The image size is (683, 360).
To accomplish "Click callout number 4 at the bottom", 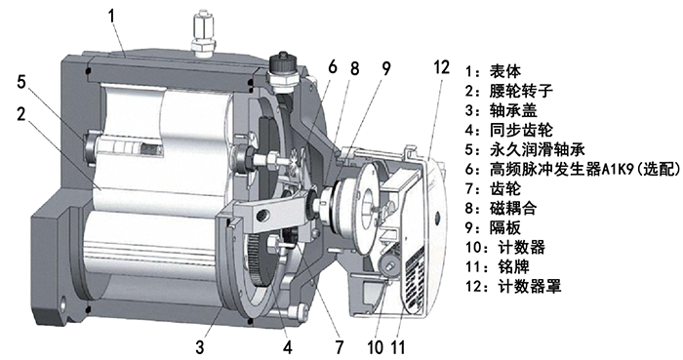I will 288,343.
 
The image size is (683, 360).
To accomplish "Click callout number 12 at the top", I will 441,66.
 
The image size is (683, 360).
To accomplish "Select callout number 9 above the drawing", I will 386,68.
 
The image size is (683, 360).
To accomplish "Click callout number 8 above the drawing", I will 355,68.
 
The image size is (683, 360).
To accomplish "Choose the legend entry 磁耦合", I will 503,209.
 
